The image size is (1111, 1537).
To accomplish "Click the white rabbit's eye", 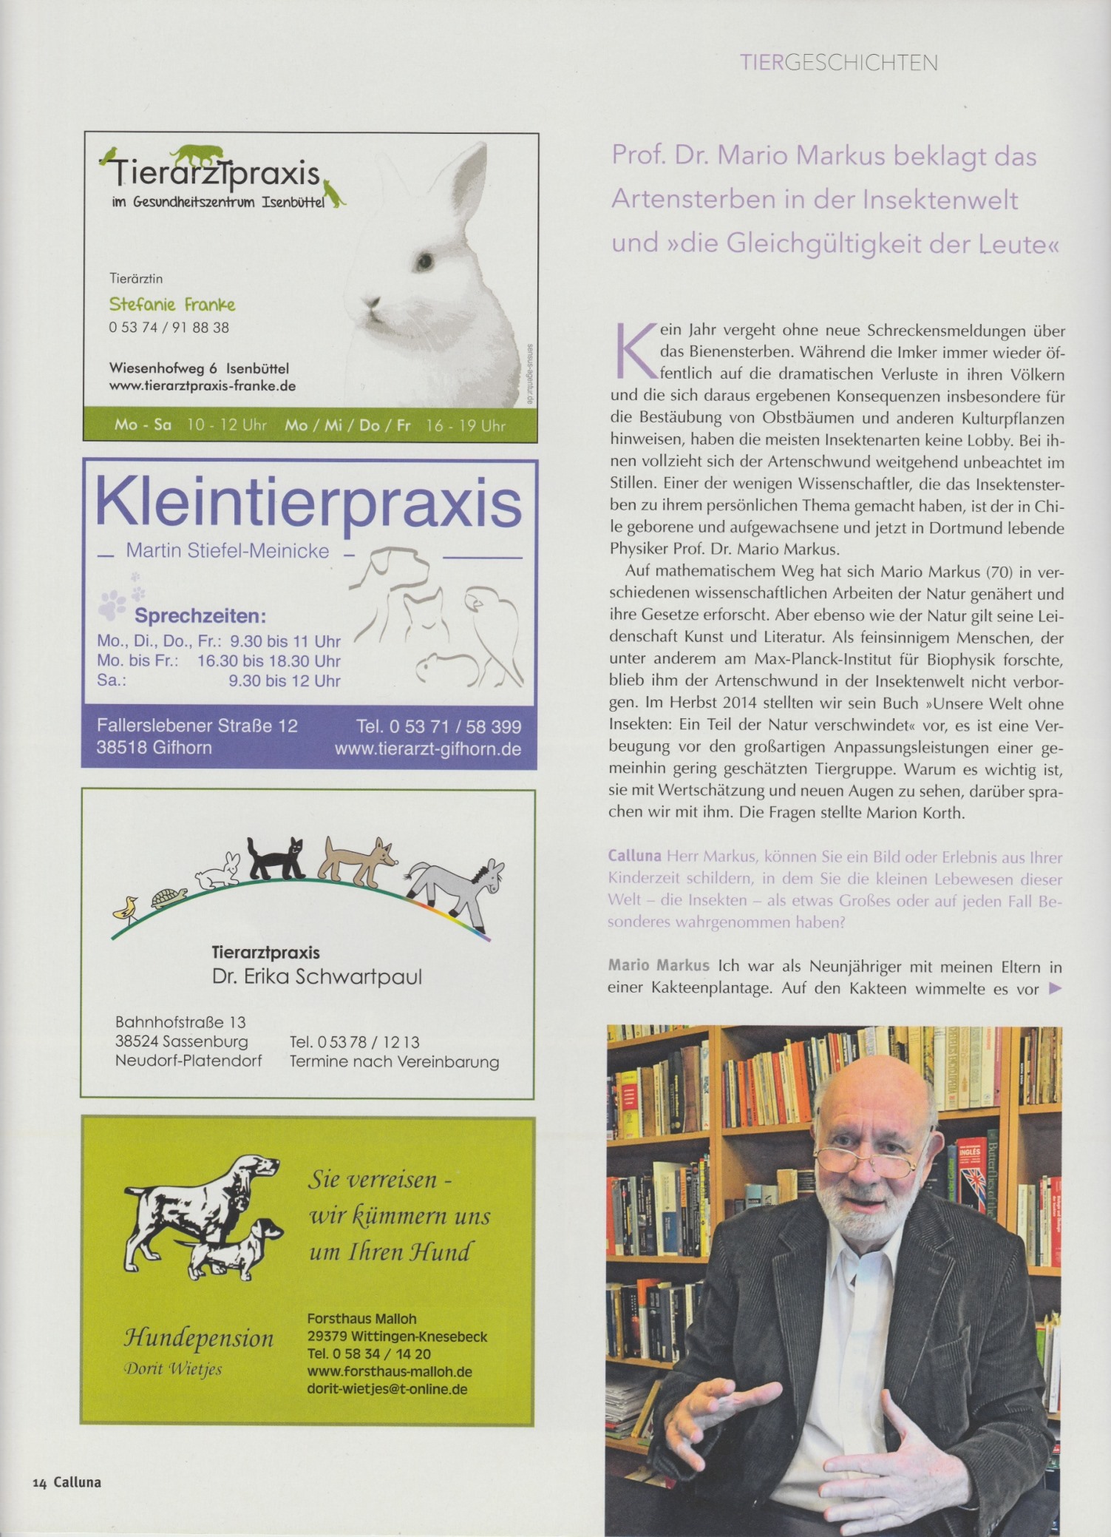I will coord(424,260).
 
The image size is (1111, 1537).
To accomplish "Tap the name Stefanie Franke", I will coord(171,304).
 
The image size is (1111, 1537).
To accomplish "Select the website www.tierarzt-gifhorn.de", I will coord(427,749).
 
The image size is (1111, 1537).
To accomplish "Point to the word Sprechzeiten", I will coord(200,616).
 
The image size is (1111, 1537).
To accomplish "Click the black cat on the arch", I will coord(276,859).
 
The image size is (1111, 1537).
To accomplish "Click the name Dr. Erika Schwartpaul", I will coord(316,977).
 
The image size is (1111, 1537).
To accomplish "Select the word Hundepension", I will coord(199,1337).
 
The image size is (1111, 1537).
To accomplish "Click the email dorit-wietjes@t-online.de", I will coord(387,1388).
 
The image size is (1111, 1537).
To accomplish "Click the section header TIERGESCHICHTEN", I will coord(838,63).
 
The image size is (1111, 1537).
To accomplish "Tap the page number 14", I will coord(39,1482).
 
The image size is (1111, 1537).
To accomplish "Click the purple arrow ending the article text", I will coord(1055,988).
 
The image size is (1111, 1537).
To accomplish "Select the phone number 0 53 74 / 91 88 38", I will coord(169,327).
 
